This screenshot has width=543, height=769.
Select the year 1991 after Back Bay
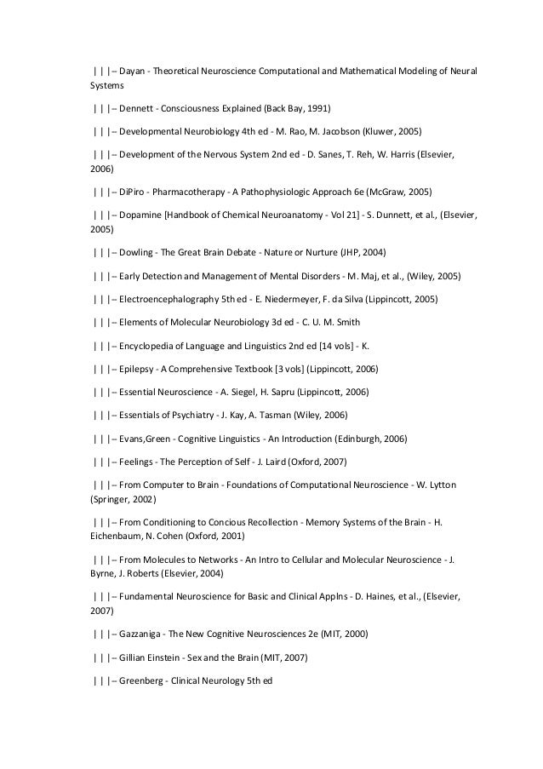pos(315,110)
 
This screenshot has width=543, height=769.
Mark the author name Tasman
pos(288,415)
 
